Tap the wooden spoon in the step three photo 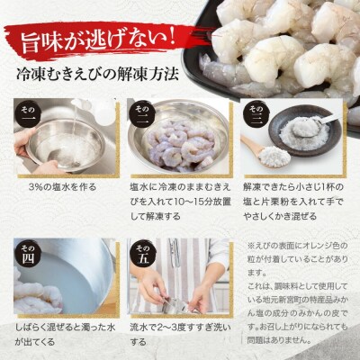point(266,145)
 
